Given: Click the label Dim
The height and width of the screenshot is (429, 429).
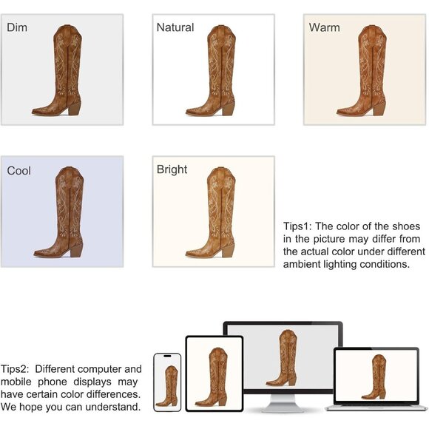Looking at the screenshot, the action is click(x=17, y=27).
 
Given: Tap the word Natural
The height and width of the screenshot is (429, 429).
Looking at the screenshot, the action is click(x=175, y=27).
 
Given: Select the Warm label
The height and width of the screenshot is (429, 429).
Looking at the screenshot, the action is click(x=324, y=27).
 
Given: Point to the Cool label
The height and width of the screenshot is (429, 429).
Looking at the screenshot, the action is click(x=19, y=171).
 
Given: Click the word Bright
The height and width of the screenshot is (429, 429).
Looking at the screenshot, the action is click(x=172, y=169).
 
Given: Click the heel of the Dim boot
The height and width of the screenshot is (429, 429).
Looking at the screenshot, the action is click(x=75, y=108).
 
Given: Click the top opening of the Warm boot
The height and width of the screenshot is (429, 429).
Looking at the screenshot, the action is click(x=372, y=27).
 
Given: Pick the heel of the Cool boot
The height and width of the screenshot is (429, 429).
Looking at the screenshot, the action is click(x=76, y=250).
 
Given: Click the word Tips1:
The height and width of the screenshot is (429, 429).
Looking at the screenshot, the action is click(x=297, y=226).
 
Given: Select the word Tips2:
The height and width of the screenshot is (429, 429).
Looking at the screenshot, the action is click(x=15, y=369).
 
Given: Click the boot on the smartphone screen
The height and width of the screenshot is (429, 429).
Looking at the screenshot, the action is click(x=167, y=386).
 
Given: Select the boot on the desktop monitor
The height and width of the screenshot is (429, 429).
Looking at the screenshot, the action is click(x=283, y=358).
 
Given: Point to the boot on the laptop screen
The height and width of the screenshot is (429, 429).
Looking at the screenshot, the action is click(x=374, y=377).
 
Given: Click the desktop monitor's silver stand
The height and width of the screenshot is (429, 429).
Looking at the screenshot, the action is click(x=283, y=403).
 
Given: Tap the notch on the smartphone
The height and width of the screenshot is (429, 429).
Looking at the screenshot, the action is click(x=167, y=356).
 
